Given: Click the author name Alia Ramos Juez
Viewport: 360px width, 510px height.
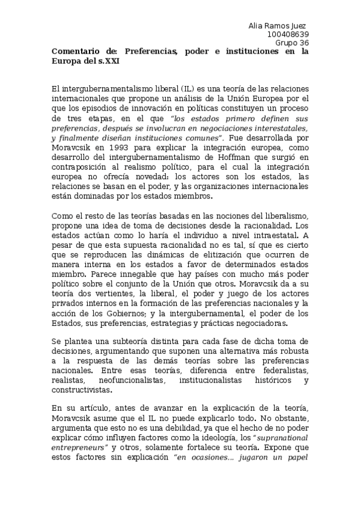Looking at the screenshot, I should tap(277, 26).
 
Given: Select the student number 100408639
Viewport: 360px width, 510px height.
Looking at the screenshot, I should tap(288, 34).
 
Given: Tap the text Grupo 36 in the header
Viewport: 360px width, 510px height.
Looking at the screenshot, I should tap(292, 43).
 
